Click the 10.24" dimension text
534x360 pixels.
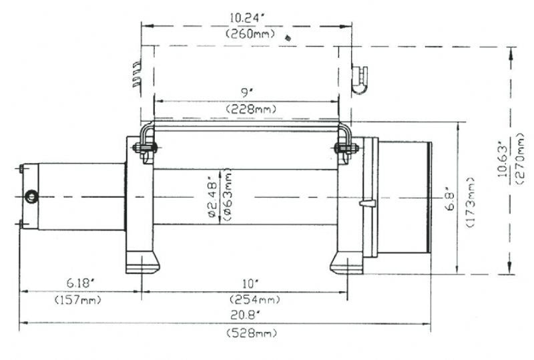click(247, 18)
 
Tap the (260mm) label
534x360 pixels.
click(250, 34)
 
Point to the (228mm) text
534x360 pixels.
click(251, 109)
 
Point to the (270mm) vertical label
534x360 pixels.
click(521, 159)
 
